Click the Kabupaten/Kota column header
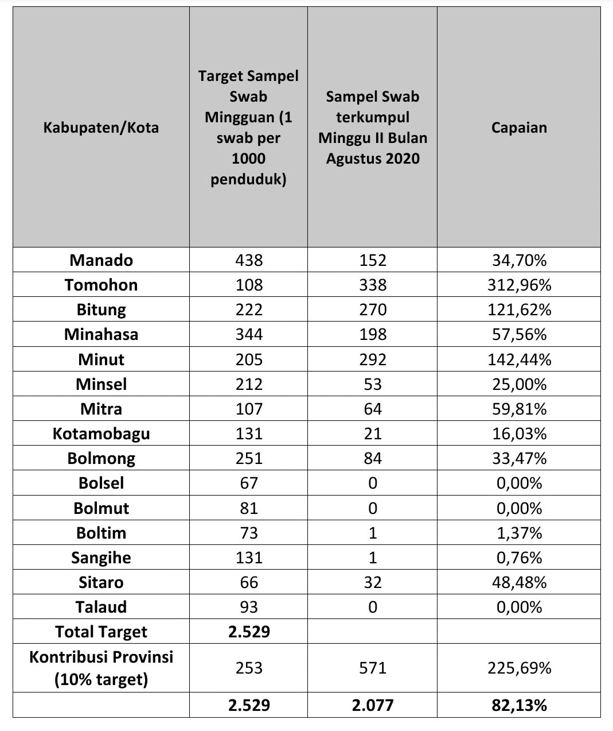tap(101, 127)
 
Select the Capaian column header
tap(519, 127)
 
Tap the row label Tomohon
tap(101, 285)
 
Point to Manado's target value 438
tap(249, 260)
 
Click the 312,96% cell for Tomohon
tap(519, 285)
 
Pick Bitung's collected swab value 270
tap(372, 310)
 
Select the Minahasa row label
tap(101, 334)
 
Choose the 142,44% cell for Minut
tap(519, 359)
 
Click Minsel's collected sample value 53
tap(372, 384)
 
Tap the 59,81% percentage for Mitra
tap(519, 409)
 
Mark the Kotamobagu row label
tap(101, 434)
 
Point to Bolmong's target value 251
tap(249, 458)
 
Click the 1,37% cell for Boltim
tap(519, 533)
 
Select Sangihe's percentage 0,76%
tap(519, 558)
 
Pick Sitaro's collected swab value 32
tap(372, 582)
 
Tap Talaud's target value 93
tap(249, 607)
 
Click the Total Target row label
tap(101, 632)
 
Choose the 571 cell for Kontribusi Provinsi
tap(372, 668)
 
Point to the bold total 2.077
tap(372, 705)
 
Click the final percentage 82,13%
tap(519, 705)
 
